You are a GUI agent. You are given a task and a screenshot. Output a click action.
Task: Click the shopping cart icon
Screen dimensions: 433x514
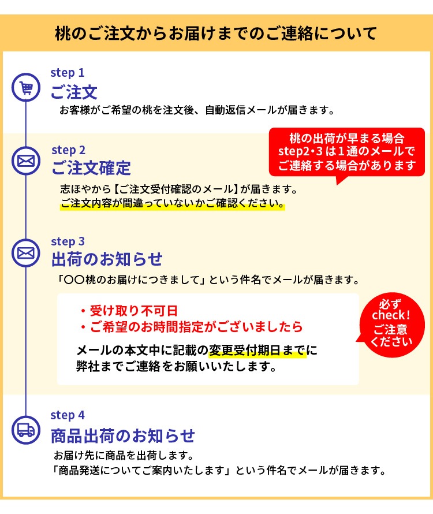26,88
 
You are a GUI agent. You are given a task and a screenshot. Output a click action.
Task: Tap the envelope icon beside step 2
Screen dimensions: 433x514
26,161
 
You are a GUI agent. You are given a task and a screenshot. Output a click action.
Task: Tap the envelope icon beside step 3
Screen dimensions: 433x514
26,253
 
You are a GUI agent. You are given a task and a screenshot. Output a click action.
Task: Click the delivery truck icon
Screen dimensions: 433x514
26,430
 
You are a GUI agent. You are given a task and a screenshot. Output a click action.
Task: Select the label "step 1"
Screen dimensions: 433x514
68,73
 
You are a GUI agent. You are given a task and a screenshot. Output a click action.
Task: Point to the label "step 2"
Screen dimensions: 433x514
68,150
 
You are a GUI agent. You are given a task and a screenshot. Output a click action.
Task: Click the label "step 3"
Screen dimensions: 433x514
68,241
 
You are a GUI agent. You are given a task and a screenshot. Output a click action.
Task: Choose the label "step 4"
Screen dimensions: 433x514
68,415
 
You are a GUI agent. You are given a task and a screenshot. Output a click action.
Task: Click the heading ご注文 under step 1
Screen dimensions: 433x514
74,92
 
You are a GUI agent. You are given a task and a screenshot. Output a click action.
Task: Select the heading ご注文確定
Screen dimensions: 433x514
91,168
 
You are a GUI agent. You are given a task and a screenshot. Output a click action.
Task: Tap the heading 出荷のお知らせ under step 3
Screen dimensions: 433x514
107,259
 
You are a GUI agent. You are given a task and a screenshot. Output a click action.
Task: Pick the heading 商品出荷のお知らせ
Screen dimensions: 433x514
123,436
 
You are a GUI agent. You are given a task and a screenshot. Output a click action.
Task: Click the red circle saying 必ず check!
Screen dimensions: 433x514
391,325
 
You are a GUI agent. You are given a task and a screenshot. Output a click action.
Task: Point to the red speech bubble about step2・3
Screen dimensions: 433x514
347,152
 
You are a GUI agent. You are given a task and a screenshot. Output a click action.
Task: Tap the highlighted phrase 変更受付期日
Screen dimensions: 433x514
245,351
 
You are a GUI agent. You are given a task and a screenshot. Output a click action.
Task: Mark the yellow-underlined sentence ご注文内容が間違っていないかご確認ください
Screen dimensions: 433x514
173,203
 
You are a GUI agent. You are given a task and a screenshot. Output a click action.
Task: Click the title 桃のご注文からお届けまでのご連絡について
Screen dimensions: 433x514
216,33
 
